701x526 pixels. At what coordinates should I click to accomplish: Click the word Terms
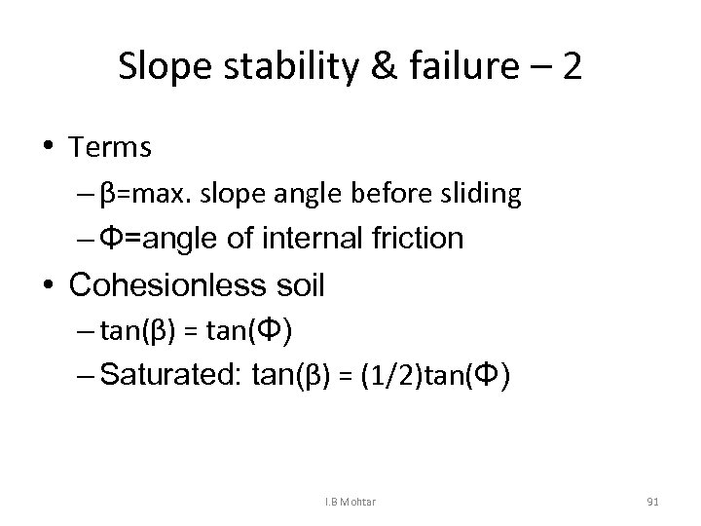click(110, 147)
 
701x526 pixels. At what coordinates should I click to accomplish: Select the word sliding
click(479, 195)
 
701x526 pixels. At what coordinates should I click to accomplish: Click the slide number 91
click(652, 501)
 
